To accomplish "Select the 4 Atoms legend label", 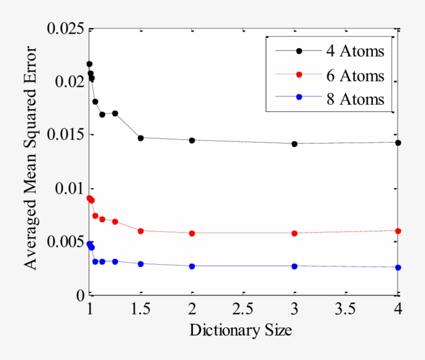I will click(355, 51).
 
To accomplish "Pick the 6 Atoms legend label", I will click(355, 76).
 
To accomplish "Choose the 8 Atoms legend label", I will click(355, 99).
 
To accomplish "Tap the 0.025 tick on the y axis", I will click(66, 28).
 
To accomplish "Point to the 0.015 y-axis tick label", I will click(66, 135).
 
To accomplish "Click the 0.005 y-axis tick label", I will click(66, 242).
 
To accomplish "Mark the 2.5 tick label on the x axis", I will click(243, 310).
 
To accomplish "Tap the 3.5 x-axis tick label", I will click(346, 310).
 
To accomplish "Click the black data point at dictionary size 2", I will click(192, 140).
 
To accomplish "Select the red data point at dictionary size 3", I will click(294, 233).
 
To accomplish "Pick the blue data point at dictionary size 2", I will click(192, 266).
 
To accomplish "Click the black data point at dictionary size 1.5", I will click(140, 138).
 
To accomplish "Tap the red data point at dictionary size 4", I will click(398, 231).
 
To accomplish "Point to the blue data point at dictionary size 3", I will click(294, 266).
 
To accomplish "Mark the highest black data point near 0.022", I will click(89, 64).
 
